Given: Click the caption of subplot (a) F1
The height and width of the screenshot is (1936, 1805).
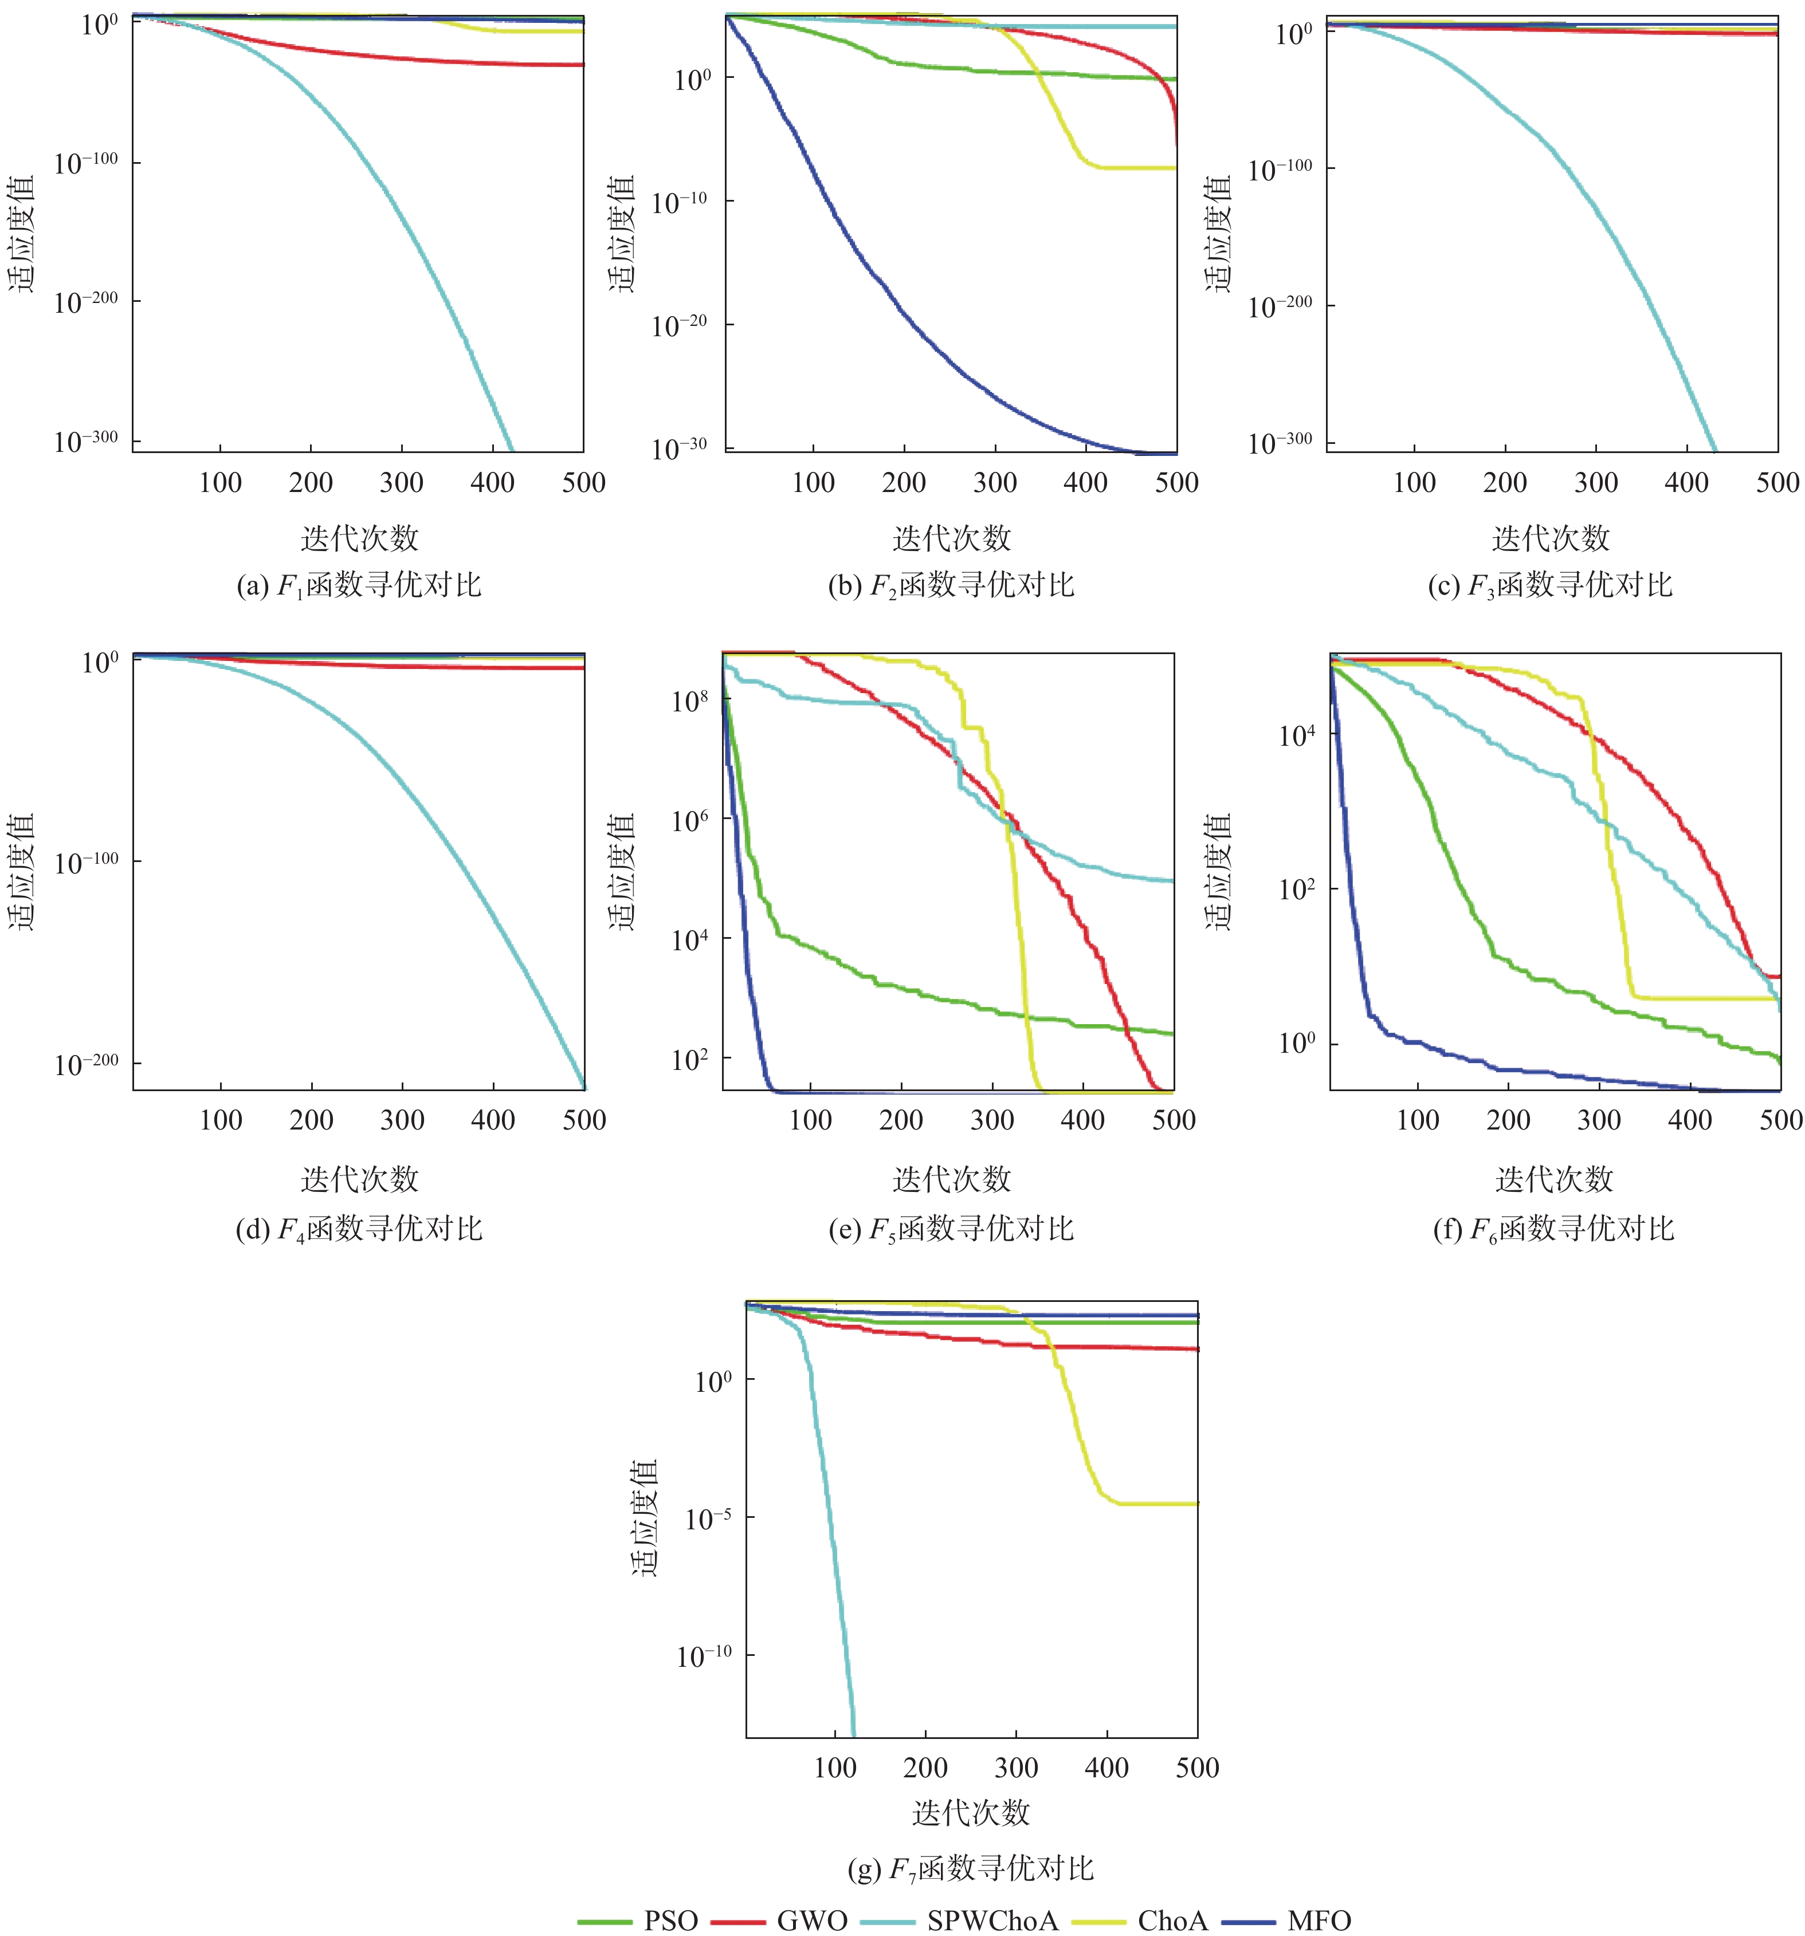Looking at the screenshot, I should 359,585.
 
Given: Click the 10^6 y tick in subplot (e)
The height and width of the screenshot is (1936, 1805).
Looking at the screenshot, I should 690,821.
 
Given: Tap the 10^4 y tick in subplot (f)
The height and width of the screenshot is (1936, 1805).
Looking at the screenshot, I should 1297,735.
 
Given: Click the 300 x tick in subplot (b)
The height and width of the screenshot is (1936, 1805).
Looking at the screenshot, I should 995,482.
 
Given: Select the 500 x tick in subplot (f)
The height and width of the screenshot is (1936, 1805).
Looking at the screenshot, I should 1780,1120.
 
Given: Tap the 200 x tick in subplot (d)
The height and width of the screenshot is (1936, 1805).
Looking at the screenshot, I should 312,1120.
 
